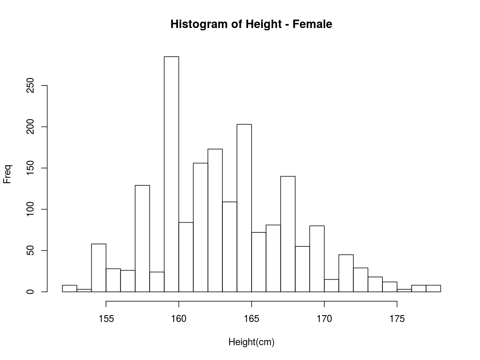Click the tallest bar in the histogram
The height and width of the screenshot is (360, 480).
(171, 174)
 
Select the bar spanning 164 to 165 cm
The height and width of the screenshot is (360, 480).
(244, 208)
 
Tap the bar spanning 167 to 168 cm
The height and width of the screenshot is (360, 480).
(288, 234)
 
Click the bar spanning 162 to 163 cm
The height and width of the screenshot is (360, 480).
(215, 220)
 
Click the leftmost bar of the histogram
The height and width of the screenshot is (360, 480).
(70, 288)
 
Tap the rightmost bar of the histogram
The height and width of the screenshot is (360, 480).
(433, 288)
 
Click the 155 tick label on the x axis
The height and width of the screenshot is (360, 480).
(106, 319)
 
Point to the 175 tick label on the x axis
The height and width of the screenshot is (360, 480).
(397, 319)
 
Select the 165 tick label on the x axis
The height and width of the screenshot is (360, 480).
(251, 319)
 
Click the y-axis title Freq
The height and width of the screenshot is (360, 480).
(8, 174)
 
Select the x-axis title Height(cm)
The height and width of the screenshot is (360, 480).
(251, 342)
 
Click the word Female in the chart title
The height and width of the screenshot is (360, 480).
(312, 24)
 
